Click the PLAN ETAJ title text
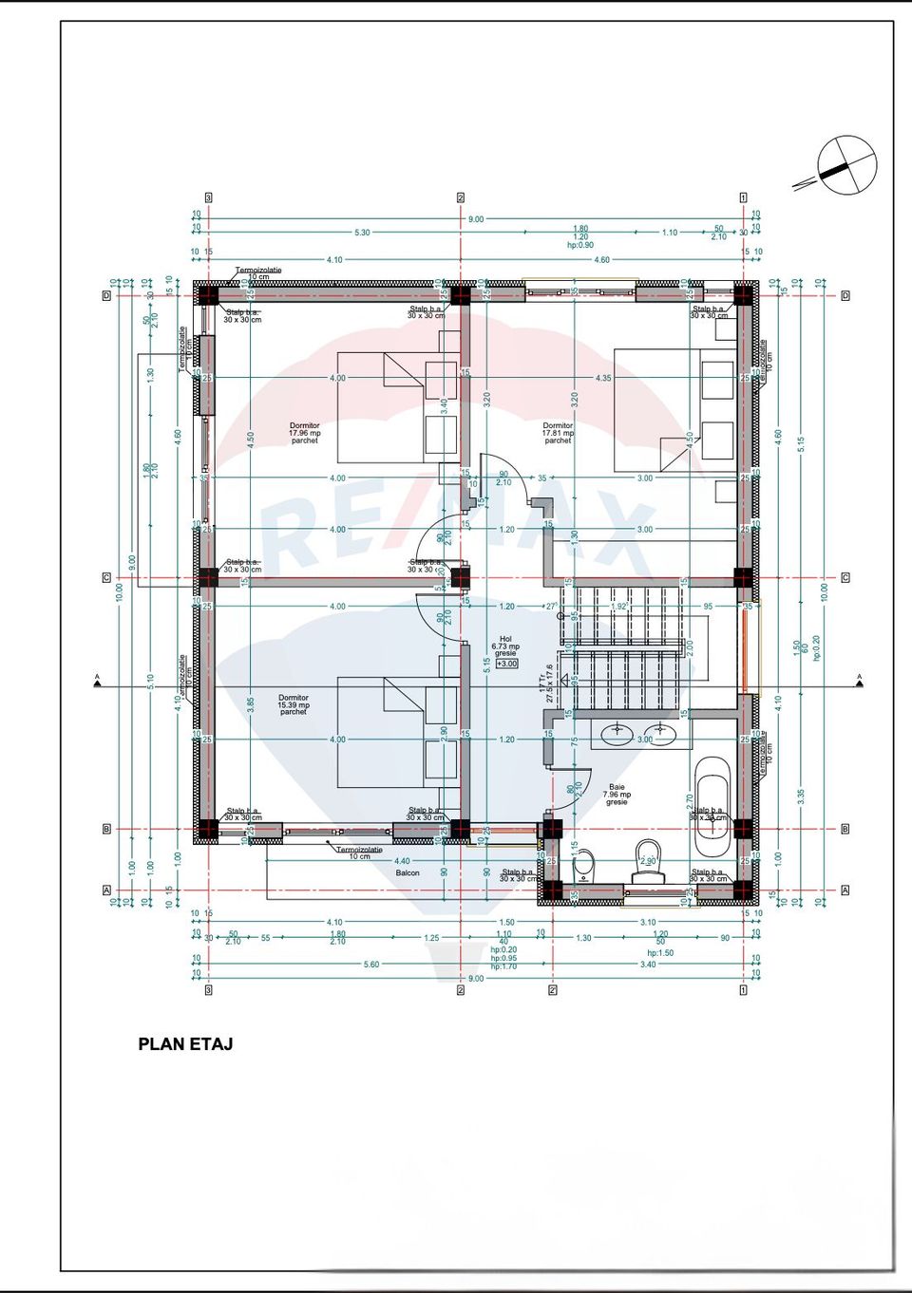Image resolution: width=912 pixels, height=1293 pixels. [185, 1044]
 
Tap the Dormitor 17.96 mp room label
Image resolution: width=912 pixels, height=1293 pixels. [305, 433]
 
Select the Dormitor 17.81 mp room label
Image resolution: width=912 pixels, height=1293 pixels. [558, 433]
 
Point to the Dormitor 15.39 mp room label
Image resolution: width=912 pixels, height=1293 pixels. [294, 704]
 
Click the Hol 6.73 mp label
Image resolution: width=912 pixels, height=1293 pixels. [505, 646]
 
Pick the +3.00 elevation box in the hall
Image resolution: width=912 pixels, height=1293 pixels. [507, 664]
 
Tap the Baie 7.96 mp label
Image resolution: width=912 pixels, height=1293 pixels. [617, 795]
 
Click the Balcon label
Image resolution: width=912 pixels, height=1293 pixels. [408, 872]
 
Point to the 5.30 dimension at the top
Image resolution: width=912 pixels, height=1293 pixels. [362, 233]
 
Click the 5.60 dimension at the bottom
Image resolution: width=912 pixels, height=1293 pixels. [371, 965]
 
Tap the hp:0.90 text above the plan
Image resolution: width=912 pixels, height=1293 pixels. [579, 245]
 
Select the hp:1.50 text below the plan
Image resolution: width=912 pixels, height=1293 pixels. [660, 953]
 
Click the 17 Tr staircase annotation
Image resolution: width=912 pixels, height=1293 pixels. [542, 684]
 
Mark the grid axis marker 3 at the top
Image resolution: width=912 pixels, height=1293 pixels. [208, 197]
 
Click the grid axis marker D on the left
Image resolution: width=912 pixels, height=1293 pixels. [106, 296]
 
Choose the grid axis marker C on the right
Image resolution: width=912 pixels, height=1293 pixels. [845, 577]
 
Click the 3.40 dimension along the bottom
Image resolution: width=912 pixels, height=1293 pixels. [647, 965]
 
